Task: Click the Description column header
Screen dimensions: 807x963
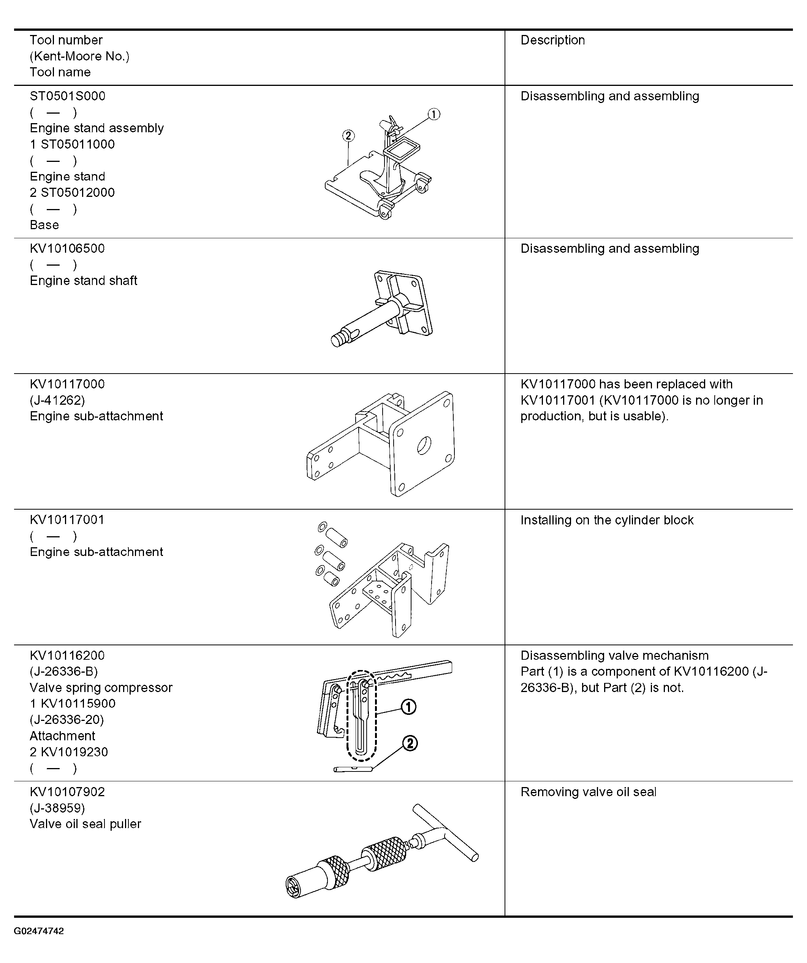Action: pos(552,40)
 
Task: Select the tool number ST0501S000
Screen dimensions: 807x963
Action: pos(67,96)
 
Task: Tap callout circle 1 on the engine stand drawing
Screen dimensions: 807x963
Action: pos(434,114)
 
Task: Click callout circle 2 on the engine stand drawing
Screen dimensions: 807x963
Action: pos(348,135)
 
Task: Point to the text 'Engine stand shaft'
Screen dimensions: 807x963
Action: pos(84,280)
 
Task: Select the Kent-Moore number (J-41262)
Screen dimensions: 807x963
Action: pos(57,400)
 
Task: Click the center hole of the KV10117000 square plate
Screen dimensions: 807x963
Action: pos(424,445)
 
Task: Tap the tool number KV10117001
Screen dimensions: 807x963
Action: pos(67,520)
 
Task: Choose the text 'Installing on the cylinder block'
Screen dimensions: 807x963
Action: pos(607,520)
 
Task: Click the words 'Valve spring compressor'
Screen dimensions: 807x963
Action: pos(101,688)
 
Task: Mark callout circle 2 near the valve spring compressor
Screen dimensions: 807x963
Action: pos(410,743)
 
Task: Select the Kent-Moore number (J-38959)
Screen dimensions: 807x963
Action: pos(57,808)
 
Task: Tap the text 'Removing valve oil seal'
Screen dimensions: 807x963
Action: pos(588,792)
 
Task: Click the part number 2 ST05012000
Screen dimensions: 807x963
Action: pos(73,193)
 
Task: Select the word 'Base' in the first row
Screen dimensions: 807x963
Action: pos(44,225)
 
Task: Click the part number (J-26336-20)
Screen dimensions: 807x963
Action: pos(67,720)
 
